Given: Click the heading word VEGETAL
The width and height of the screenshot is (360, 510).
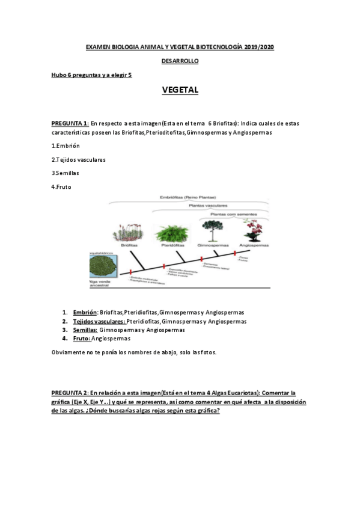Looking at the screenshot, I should pyautogui.click(x=180, y=90).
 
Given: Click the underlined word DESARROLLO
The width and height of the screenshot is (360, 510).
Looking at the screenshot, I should pyautogui.click(x=180, y=61).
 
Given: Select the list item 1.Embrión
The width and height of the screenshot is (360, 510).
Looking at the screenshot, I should pyautogui.click(x=66, y=146).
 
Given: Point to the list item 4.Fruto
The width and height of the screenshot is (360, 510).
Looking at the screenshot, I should pyautogui.click(x=63, y=186).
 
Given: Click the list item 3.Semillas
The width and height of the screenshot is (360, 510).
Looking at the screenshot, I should pyautogui.click(x=66, y=173).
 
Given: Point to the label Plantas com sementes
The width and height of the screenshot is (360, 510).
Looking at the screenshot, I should pyautogui.click(x=232, y=214).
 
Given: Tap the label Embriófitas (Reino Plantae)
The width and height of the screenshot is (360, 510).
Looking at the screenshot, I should pyautogui.click(x=188, y=197).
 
